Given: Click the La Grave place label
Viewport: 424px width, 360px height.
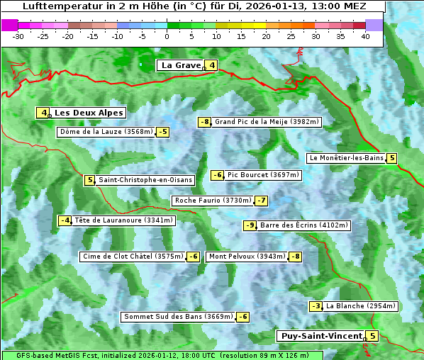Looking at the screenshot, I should [x=182, y=65].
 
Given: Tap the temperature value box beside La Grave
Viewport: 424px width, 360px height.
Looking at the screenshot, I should [x=212, y=65].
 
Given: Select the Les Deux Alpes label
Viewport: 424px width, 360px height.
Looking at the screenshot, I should [x=89, y=113].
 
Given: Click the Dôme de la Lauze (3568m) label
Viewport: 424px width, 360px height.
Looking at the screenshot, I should [x=106, y=132].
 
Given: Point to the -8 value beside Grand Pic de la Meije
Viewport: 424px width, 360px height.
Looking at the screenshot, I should [x=205, y=122].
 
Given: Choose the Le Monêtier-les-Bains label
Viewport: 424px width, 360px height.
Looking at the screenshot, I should [x=346, y=158].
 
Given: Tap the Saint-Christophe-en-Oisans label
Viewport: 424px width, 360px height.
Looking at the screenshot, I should [x=145, y=180].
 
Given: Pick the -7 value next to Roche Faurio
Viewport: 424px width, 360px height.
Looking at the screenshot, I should [x=262, y=201].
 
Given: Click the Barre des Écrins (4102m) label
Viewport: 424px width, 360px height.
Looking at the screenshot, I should [x=304, y=225].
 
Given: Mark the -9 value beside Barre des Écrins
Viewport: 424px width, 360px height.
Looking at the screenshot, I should [x=250, y=225].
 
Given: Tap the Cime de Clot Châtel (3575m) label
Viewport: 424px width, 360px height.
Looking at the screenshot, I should [x=133, y=257].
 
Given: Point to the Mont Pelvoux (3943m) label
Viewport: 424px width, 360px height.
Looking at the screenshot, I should [x=247, y=257].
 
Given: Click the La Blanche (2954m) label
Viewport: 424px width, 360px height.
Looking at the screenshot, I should [x=360, y=306].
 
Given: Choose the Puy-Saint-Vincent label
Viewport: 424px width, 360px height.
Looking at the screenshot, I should [x=321, y=336].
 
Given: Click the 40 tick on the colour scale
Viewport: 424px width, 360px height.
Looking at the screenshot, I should [x=364, y=35].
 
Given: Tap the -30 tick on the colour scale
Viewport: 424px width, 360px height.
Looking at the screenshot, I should [x=18, y=35].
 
